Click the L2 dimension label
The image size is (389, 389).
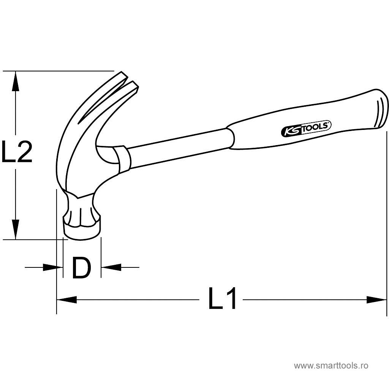tap(17, 151)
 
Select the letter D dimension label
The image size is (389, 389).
tap(82, 268)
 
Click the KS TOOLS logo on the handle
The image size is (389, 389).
tap(306, 128)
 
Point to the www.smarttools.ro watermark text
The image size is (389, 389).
tap(331, 365)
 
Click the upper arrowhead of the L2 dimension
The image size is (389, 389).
tap(16, 81)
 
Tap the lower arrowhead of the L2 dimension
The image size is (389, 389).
tap(16, 230)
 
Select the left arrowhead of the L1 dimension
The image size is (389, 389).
tap(67, 300)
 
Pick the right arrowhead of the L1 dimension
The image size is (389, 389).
tap(376, 300)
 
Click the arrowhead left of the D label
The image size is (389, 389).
tap(53, 267)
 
